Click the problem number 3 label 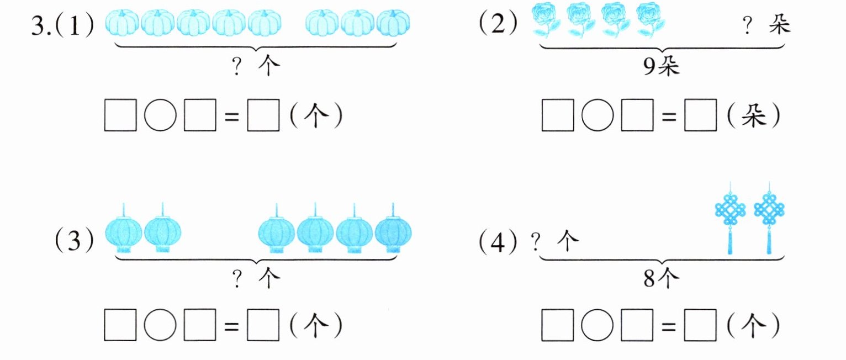tap(41, 25)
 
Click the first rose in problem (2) tap(545, 19)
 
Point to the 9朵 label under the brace tap(661, 67)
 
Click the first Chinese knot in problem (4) tap(730, 218)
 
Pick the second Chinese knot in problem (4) tap(769, 218)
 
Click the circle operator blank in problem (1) tap(160, 115)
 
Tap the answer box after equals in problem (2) tap(700, 115)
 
